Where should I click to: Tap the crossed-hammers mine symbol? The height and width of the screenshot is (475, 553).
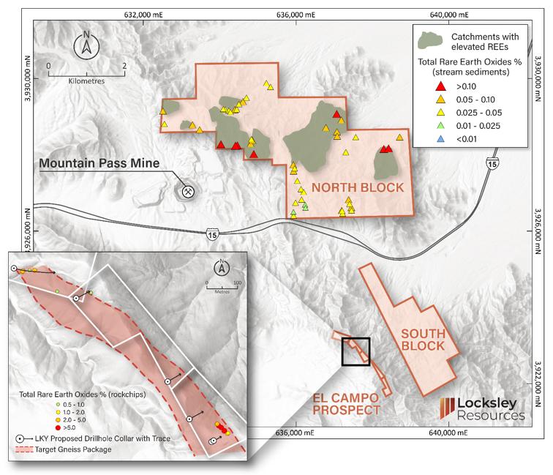pyautogui.click(x=187, y=190)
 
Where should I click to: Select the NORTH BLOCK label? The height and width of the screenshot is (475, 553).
pyautogui.click(x=358, y=188)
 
